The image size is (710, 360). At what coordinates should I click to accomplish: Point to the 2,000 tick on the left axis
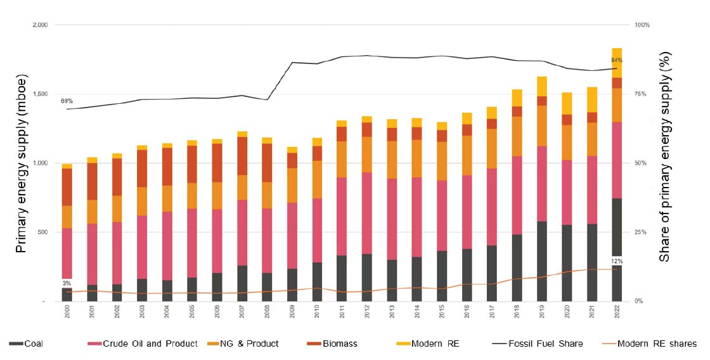(x=39, y=25)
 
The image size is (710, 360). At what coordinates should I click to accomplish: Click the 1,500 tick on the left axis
(x=39, y=94)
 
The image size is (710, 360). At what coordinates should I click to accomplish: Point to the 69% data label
(x=67, y=101)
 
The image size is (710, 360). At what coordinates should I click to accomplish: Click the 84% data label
(x=617, y=60)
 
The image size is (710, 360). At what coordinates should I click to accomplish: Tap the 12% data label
(x=617, y=261)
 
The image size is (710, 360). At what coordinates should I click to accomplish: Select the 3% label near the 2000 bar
(x=67, y=283)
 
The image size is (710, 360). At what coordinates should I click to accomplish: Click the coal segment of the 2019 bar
(x=541, y=261)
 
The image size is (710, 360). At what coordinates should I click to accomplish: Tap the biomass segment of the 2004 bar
(x=167, y=167)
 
